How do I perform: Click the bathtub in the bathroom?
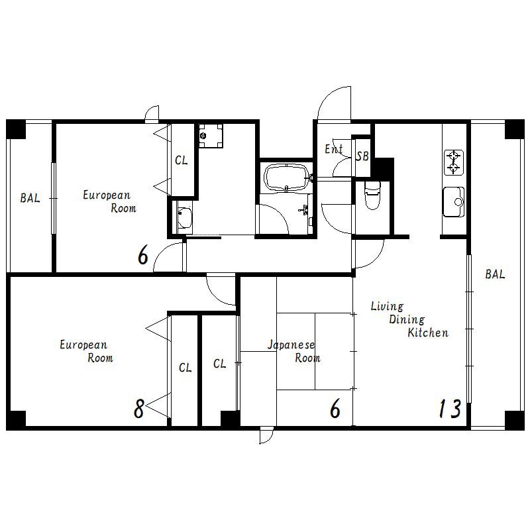point(287,178)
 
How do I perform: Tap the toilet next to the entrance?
point(372,195)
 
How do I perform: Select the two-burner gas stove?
point(453,162)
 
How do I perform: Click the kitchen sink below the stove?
point(454,202)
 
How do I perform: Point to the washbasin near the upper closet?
point(185,218)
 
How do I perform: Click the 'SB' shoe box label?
point(362,156)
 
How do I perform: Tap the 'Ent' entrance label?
point(334,148)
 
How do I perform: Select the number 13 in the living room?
point(450,408)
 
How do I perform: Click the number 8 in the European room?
point(139,409)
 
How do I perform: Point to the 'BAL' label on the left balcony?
point(30,197)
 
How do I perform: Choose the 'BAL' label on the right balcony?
point(495,274)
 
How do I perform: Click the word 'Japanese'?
point(291,344)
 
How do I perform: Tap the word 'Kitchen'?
point(428,333)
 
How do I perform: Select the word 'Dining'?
point(407,319)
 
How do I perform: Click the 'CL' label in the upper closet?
point(181,160)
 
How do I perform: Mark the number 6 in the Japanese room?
point(335,408)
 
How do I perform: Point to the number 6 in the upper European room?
point(143,255)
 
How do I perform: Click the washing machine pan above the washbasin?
point(211,136)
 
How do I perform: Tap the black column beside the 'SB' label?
point(383,168)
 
